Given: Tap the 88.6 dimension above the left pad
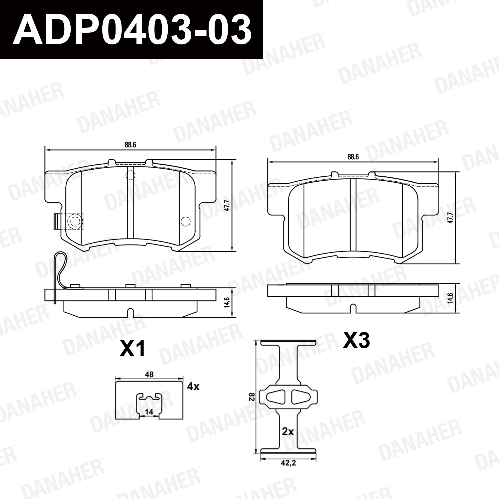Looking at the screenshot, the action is [x=130, y=145].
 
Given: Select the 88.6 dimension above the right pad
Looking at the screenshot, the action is [x=353, y=157].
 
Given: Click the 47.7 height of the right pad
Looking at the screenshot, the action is [x=450, y=218].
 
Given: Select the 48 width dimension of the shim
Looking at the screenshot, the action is [x=149, y=374].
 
